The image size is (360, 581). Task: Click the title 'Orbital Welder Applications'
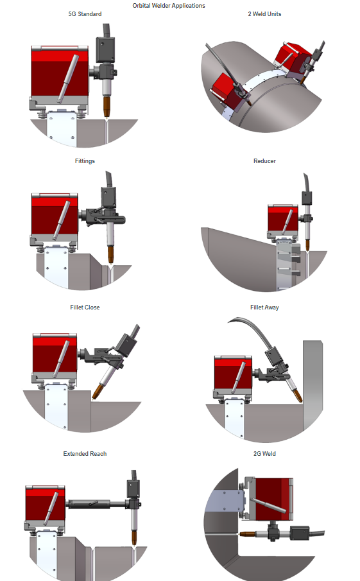point(169,6)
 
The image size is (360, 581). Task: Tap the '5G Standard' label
point(85,14)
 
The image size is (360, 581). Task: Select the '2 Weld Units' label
point(264,14)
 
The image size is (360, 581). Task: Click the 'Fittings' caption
point(85,160)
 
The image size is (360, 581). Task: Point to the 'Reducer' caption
point(264,160)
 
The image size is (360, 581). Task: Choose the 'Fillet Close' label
point(85,307)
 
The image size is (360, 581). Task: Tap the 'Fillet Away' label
point(264,307)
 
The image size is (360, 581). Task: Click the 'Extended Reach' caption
point(85,453)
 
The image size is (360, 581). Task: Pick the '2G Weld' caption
point(264,453)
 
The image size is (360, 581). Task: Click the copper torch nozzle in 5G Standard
point(107,107)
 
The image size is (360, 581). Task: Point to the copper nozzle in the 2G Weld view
point(246,534)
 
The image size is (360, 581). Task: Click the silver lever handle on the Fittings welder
point(61,220)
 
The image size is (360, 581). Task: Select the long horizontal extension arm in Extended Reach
point(97,504)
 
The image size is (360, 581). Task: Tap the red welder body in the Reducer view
point(283,219)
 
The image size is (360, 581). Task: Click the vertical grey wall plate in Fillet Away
point(313,385)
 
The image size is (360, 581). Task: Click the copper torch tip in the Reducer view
point(307,245)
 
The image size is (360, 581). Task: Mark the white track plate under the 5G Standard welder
point(62,128)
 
